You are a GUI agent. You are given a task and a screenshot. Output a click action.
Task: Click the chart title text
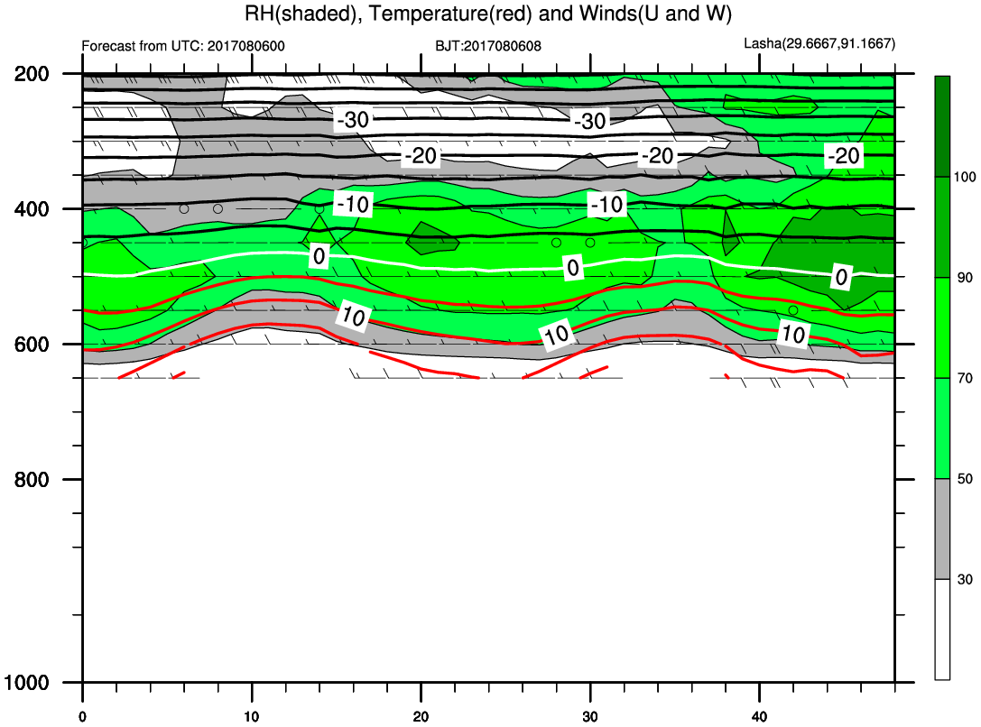488,14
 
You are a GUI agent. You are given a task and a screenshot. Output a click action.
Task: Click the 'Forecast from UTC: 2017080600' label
183,46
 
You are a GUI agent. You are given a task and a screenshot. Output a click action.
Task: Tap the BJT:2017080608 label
488,46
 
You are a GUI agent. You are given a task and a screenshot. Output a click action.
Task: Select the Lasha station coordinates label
819,44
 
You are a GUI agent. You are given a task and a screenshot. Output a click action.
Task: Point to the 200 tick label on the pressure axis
32,74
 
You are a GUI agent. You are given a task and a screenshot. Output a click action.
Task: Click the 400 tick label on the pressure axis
32,208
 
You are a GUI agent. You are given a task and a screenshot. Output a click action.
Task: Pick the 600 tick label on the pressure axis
32,345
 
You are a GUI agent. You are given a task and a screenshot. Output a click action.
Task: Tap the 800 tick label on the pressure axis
32,480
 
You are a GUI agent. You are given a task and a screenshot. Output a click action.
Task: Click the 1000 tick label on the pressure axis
26,682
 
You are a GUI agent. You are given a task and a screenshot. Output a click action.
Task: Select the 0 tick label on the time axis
83,716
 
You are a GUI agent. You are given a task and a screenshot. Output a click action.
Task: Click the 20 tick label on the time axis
421,716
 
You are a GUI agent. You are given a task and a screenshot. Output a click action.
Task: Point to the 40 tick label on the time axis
760,716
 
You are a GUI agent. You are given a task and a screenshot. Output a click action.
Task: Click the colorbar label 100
965,177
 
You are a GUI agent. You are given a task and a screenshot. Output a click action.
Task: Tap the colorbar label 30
965,579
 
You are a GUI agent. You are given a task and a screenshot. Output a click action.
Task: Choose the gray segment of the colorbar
942,529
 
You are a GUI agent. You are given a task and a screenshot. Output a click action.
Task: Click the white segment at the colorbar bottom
942,629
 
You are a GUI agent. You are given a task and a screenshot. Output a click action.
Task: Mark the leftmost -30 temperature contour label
354,119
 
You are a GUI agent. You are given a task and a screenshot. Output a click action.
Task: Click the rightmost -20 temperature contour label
844,155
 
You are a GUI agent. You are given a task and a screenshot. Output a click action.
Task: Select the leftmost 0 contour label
319,255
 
